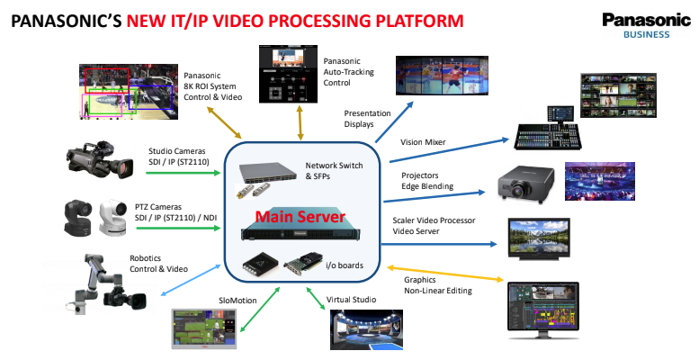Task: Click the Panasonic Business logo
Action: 647,25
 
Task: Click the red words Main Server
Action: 300,217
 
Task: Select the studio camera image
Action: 100,160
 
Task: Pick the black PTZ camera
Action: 78,217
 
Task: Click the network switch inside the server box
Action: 268,173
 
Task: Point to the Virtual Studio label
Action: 351,300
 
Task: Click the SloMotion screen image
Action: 204,328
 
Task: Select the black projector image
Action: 526,183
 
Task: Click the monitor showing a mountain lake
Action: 539,239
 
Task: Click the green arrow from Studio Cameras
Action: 184,173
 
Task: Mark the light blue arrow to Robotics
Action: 191,280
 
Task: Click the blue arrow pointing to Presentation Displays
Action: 394,121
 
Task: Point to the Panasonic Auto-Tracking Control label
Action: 349,72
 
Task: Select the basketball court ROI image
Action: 129,92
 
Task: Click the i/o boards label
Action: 345,265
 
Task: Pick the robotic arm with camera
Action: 107,284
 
